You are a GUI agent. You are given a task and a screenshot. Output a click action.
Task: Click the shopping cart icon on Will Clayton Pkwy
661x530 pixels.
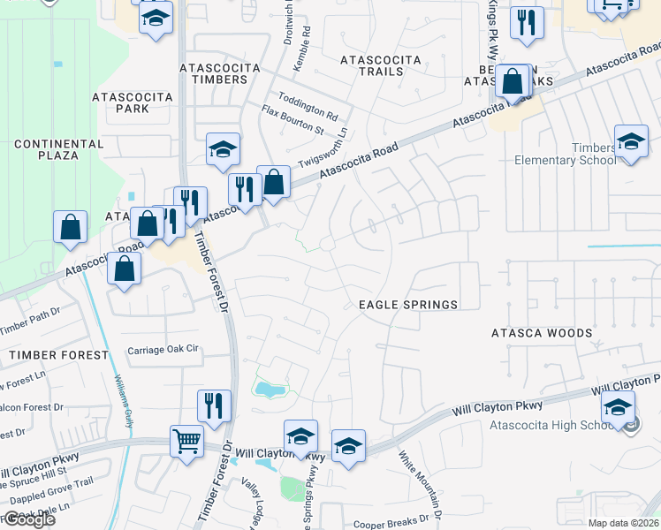(x=186, y=440)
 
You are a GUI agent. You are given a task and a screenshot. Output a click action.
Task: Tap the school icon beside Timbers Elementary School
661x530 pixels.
(x=631, y=142)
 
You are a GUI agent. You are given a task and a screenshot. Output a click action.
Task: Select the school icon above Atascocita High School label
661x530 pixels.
(x=618, y=408)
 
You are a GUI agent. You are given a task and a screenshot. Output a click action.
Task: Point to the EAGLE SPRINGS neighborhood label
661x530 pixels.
(x=408, y=305)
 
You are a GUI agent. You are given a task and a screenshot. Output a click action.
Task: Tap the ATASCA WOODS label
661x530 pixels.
(x=542, y=333)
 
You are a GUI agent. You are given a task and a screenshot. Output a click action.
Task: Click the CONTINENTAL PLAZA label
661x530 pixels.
(x=59, y=150)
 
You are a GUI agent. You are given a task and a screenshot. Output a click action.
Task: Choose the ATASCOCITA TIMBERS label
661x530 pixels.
(x=213, y=73)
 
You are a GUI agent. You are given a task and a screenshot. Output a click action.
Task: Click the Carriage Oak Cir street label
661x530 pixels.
(x=164, y=349)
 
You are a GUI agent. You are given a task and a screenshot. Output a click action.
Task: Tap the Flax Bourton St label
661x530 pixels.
(x=293, y=119)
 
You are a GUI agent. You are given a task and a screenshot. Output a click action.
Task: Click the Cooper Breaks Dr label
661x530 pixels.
(x=396, y=524)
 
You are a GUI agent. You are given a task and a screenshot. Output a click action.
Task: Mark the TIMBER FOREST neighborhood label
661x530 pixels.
(x=58, y=355)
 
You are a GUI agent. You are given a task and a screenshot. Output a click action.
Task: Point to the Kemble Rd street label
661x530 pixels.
(x=306, y=42)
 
